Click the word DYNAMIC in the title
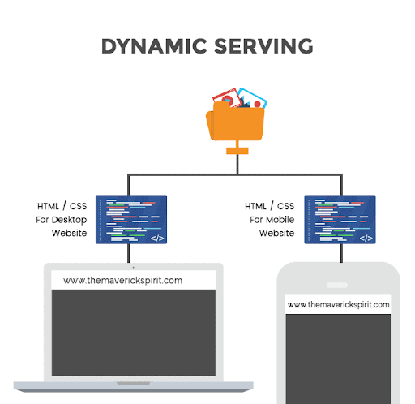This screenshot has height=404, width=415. [154, 46]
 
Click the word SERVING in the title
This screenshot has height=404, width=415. [264, 46]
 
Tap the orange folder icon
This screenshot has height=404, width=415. [236, 122]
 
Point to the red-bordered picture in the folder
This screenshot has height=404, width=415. [226, 97]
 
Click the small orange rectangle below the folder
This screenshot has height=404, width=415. [237, 151]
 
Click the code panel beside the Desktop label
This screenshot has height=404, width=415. [131, 219]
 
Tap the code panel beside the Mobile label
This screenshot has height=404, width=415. [340, 219]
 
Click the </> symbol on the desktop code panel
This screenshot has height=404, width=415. [157, 239]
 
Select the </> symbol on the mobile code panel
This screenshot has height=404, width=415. [366, 239]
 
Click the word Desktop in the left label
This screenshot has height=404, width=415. [69, 220]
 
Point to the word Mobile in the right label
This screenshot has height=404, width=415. [280, 220]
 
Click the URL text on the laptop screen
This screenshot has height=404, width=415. [122, 281]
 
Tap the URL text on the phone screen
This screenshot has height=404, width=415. [339, 305]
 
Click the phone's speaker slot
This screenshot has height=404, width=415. [337, 285]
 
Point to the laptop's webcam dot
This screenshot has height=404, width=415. [134, 268]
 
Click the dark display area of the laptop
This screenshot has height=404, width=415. [134, 333]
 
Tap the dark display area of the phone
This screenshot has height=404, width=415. [339, 359]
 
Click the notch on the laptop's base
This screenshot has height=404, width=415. [134, 383]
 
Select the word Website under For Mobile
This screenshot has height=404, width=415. [276, 233]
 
